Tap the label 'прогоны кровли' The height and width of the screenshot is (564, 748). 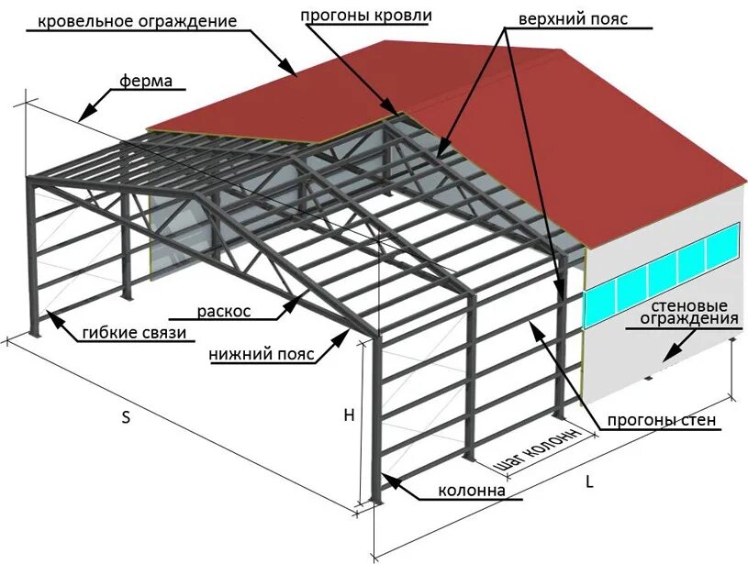click(366, 16)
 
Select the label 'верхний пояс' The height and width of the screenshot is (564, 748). click(573, 18)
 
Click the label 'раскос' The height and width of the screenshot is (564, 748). click(224, 311)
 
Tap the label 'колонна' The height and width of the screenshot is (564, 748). click(472, 491)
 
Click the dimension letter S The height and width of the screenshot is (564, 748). click(127, 417)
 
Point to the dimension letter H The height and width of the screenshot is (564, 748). click(349, 415)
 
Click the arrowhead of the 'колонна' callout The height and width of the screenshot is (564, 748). click(385, 478)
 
